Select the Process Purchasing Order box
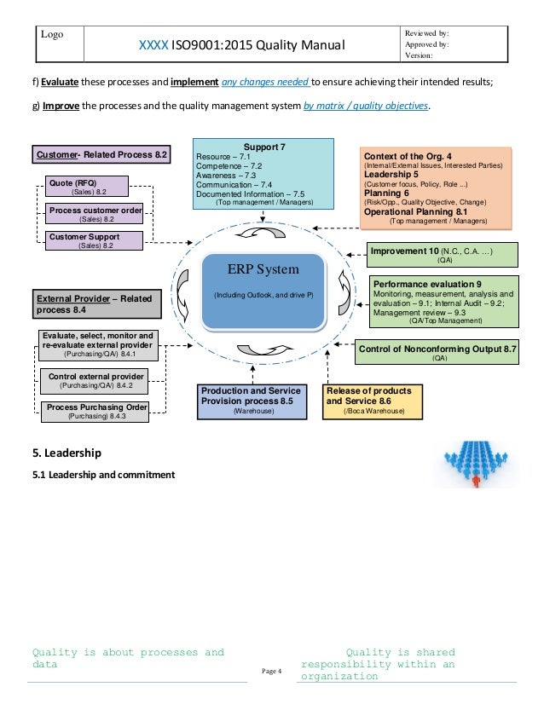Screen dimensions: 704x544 coord(97,412)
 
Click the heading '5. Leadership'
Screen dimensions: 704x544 coord(67,451)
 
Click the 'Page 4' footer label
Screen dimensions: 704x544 coord(270,673)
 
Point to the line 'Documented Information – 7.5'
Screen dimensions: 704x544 coord(250,194)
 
